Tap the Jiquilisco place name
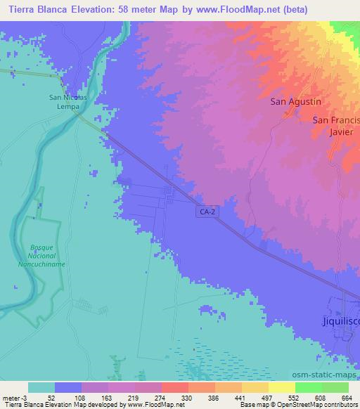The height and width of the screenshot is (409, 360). point(335,321)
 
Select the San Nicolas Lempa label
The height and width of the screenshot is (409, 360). point(67,102)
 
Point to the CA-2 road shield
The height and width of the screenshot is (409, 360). point(205,210)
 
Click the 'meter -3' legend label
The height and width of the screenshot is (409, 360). point(15,398)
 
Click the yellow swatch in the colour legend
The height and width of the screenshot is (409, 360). point(281,387)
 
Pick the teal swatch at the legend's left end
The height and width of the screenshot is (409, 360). point(41,387)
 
